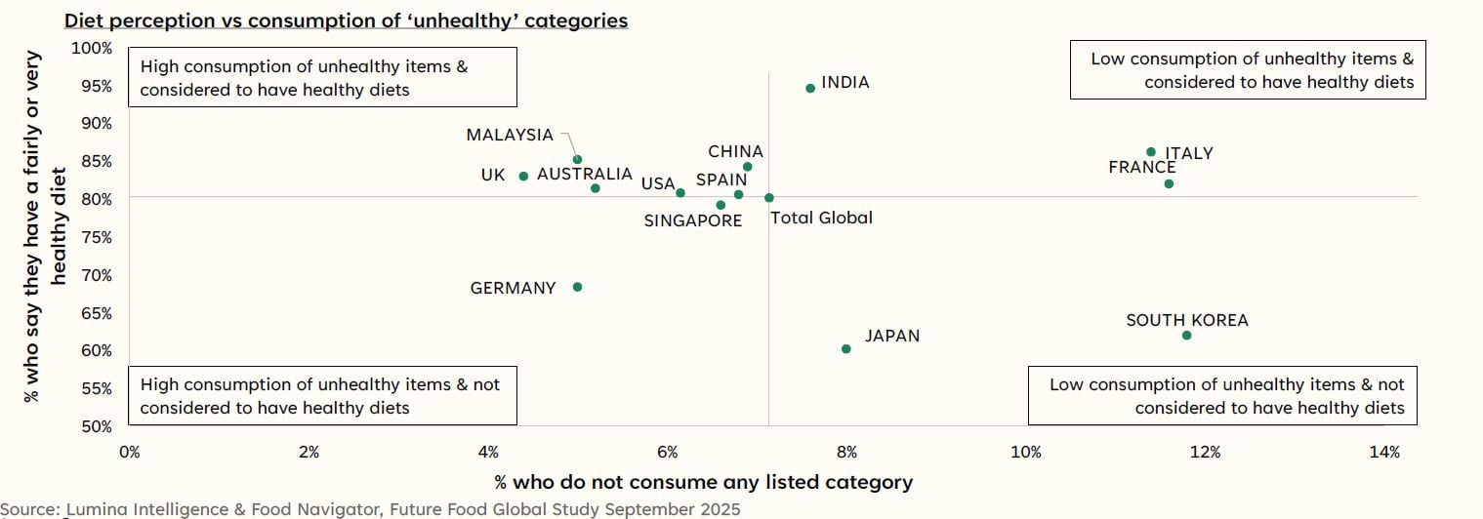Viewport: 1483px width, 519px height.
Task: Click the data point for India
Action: pos(809,88)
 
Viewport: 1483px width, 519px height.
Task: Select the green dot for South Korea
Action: pos(1186,336)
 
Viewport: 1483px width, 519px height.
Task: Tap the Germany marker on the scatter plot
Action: pos(577,287)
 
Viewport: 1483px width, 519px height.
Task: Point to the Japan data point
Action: pos(845,349)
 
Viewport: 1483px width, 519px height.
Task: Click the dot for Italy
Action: pos(1151,152)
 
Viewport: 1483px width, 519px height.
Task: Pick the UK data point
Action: pos(523,177)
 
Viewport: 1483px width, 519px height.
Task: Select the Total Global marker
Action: pos(769,198)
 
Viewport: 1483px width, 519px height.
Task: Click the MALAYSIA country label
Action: pos(510,136)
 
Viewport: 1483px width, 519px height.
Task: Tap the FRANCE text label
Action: pos(1141,168)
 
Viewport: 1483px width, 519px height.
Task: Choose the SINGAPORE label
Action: pos(692,221)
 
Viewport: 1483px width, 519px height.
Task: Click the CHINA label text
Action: pos(735,152)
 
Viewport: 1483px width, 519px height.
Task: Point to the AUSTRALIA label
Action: pos(585,175)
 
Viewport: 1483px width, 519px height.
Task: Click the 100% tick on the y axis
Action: pos(94,48)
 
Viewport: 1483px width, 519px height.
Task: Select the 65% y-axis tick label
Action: pos(97,313)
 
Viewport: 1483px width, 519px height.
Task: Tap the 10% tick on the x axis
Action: pos(1026,452)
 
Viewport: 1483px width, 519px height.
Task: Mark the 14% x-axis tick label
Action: pos(1384,452)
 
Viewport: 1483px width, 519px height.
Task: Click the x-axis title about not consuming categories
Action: pos(703,482)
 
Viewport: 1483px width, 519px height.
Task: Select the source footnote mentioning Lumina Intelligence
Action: pos(370,509)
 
